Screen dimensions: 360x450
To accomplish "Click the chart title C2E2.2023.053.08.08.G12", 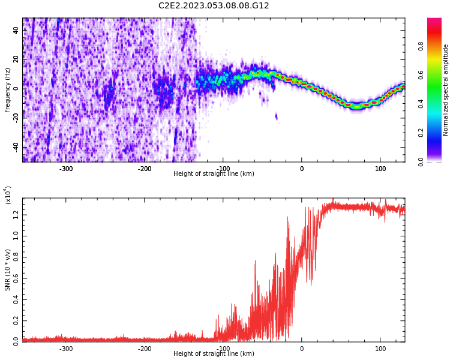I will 214,5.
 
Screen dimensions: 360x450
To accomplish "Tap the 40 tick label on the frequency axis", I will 16,30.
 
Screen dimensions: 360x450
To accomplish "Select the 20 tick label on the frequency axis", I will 16,59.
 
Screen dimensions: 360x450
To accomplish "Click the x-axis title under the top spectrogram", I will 214,174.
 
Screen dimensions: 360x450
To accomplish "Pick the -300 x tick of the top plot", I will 66,169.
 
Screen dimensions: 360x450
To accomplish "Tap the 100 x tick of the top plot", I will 380,169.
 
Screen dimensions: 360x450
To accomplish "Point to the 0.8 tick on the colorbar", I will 437,46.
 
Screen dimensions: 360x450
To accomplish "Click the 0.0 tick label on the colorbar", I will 437,161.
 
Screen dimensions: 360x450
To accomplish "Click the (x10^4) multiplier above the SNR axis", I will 8,195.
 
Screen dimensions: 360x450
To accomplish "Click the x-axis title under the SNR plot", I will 214,354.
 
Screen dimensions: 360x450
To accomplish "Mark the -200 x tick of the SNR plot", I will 145,349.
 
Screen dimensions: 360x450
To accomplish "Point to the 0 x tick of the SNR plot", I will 302,349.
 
